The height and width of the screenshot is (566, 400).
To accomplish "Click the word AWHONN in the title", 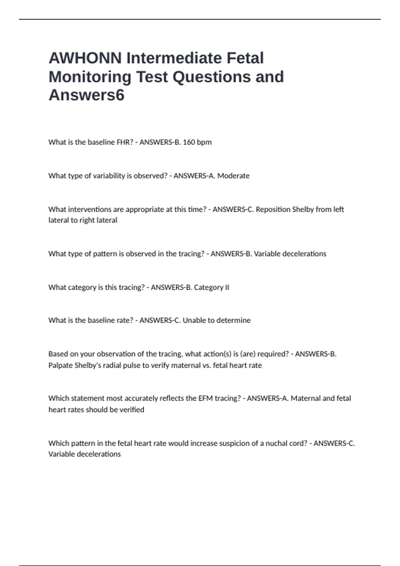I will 85,58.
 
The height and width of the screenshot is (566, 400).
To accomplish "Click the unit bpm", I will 204,142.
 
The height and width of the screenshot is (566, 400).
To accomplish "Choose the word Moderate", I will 233,176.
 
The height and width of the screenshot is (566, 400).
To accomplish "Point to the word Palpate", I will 60,365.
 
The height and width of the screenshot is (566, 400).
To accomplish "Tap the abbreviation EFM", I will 205,398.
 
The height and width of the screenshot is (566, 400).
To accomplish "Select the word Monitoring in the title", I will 90,77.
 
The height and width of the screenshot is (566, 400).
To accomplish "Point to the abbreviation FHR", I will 125,142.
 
